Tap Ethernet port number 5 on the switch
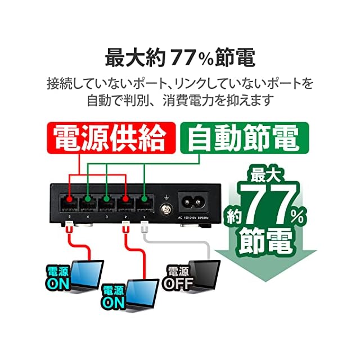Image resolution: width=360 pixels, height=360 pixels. [x=69, y=203]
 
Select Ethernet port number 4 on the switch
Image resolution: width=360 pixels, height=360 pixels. [x=88, y=203]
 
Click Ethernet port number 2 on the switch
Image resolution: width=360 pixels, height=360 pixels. [x=127, y=203]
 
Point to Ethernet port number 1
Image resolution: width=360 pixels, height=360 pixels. [x=145, y=203]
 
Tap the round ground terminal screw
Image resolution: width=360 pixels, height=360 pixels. [x=166, y=211]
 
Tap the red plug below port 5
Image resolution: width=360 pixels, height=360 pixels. [x=69, y=228]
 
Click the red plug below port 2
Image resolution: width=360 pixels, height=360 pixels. [x=126, y=228]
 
